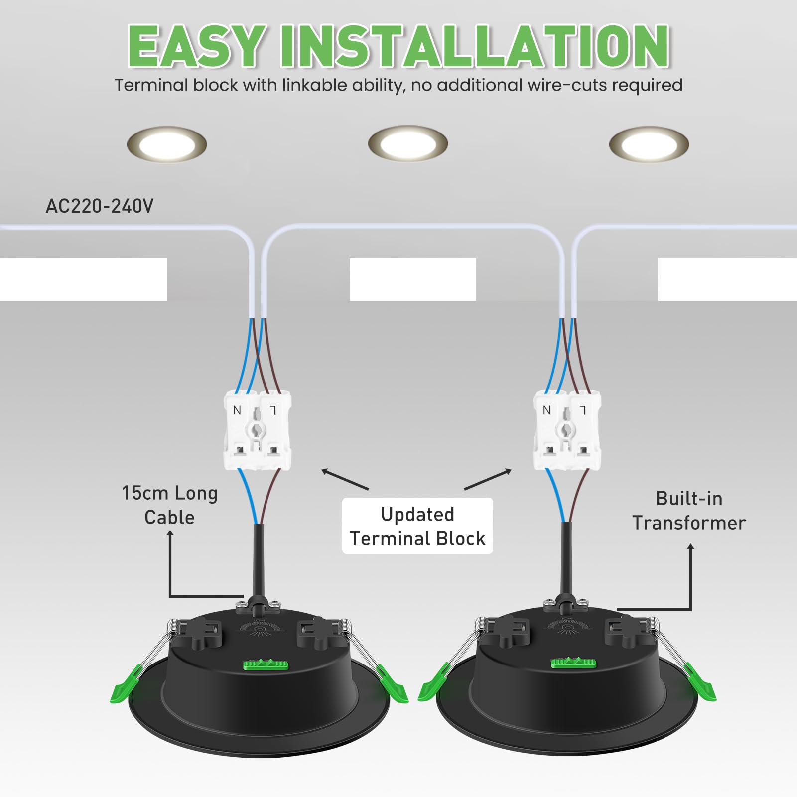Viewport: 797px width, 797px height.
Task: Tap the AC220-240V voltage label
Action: [x=100, y=206]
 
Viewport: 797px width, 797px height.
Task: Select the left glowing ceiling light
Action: [x=167, y=144]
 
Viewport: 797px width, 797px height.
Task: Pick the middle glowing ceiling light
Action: [x=408, y=143]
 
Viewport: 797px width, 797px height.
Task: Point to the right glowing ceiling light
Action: [x=649, y=144]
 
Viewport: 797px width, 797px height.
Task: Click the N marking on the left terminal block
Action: [x=237, y=410]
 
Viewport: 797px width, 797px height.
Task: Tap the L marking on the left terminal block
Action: [x=273, y=410]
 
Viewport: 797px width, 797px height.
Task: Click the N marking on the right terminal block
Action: [x=547, y=410]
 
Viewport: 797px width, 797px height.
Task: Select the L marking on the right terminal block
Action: [x=583, y=410]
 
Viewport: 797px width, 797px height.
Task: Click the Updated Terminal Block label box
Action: [x=417, y=526]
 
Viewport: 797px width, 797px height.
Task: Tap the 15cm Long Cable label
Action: [x=170, y=505]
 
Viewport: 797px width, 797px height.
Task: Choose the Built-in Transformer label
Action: [x=689, y=511]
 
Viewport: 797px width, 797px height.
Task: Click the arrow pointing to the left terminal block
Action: [x=345, y=479]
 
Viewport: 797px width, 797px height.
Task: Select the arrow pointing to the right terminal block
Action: [x=488, y=479]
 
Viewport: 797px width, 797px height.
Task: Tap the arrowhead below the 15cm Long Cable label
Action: [x=170, y=534]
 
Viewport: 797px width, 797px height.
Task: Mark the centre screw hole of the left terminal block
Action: [x=257, y=430]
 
